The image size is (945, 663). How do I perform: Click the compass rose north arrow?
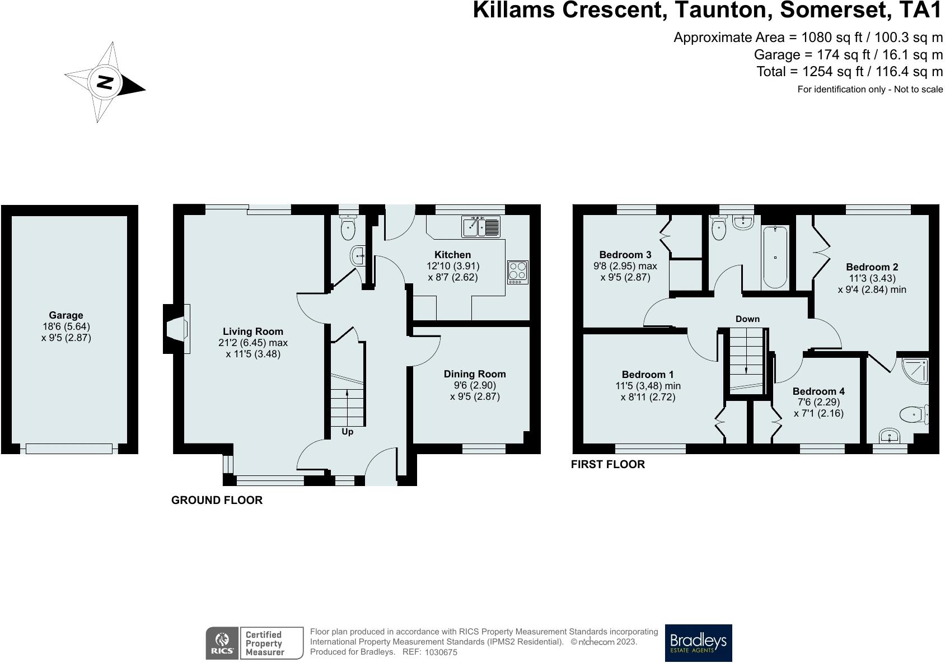pos(105,82)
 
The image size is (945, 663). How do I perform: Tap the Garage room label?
pos(66,315)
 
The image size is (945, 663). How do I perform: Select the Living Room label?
pos(253,331)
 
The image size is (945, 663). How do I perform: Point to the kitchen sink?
pos(480,227)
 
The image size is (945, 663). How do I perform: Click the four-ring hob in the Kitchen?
pos(518,272)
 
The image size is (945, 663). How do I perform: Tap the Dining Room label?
pos(475,374)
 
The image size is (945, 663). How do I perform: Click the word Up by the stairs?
pos(347,432)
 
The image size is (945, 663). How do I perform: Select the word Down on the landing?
pos(747,319)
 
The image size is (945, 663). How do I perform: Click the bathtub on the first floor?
pos(775,256)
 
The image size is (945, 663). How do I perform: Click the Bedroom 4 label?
pos(818,391)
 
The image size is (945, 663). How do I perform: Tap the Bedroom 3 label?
pos(625,255)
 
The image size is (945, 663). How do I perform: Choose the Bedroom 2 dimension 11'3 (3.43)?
pos(872,278)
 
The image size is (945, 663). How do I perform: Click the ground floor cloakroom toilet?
pos(348,227)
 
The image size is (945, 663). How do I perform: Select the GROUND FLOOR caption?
pos(217,500)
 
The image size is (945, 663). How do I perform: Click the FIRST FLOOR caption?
pos(608,464)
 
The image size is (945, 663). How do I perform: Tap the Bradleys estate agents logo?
pos(698,643)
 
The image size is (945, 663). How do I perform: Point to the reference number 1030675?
pos(441,652)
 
